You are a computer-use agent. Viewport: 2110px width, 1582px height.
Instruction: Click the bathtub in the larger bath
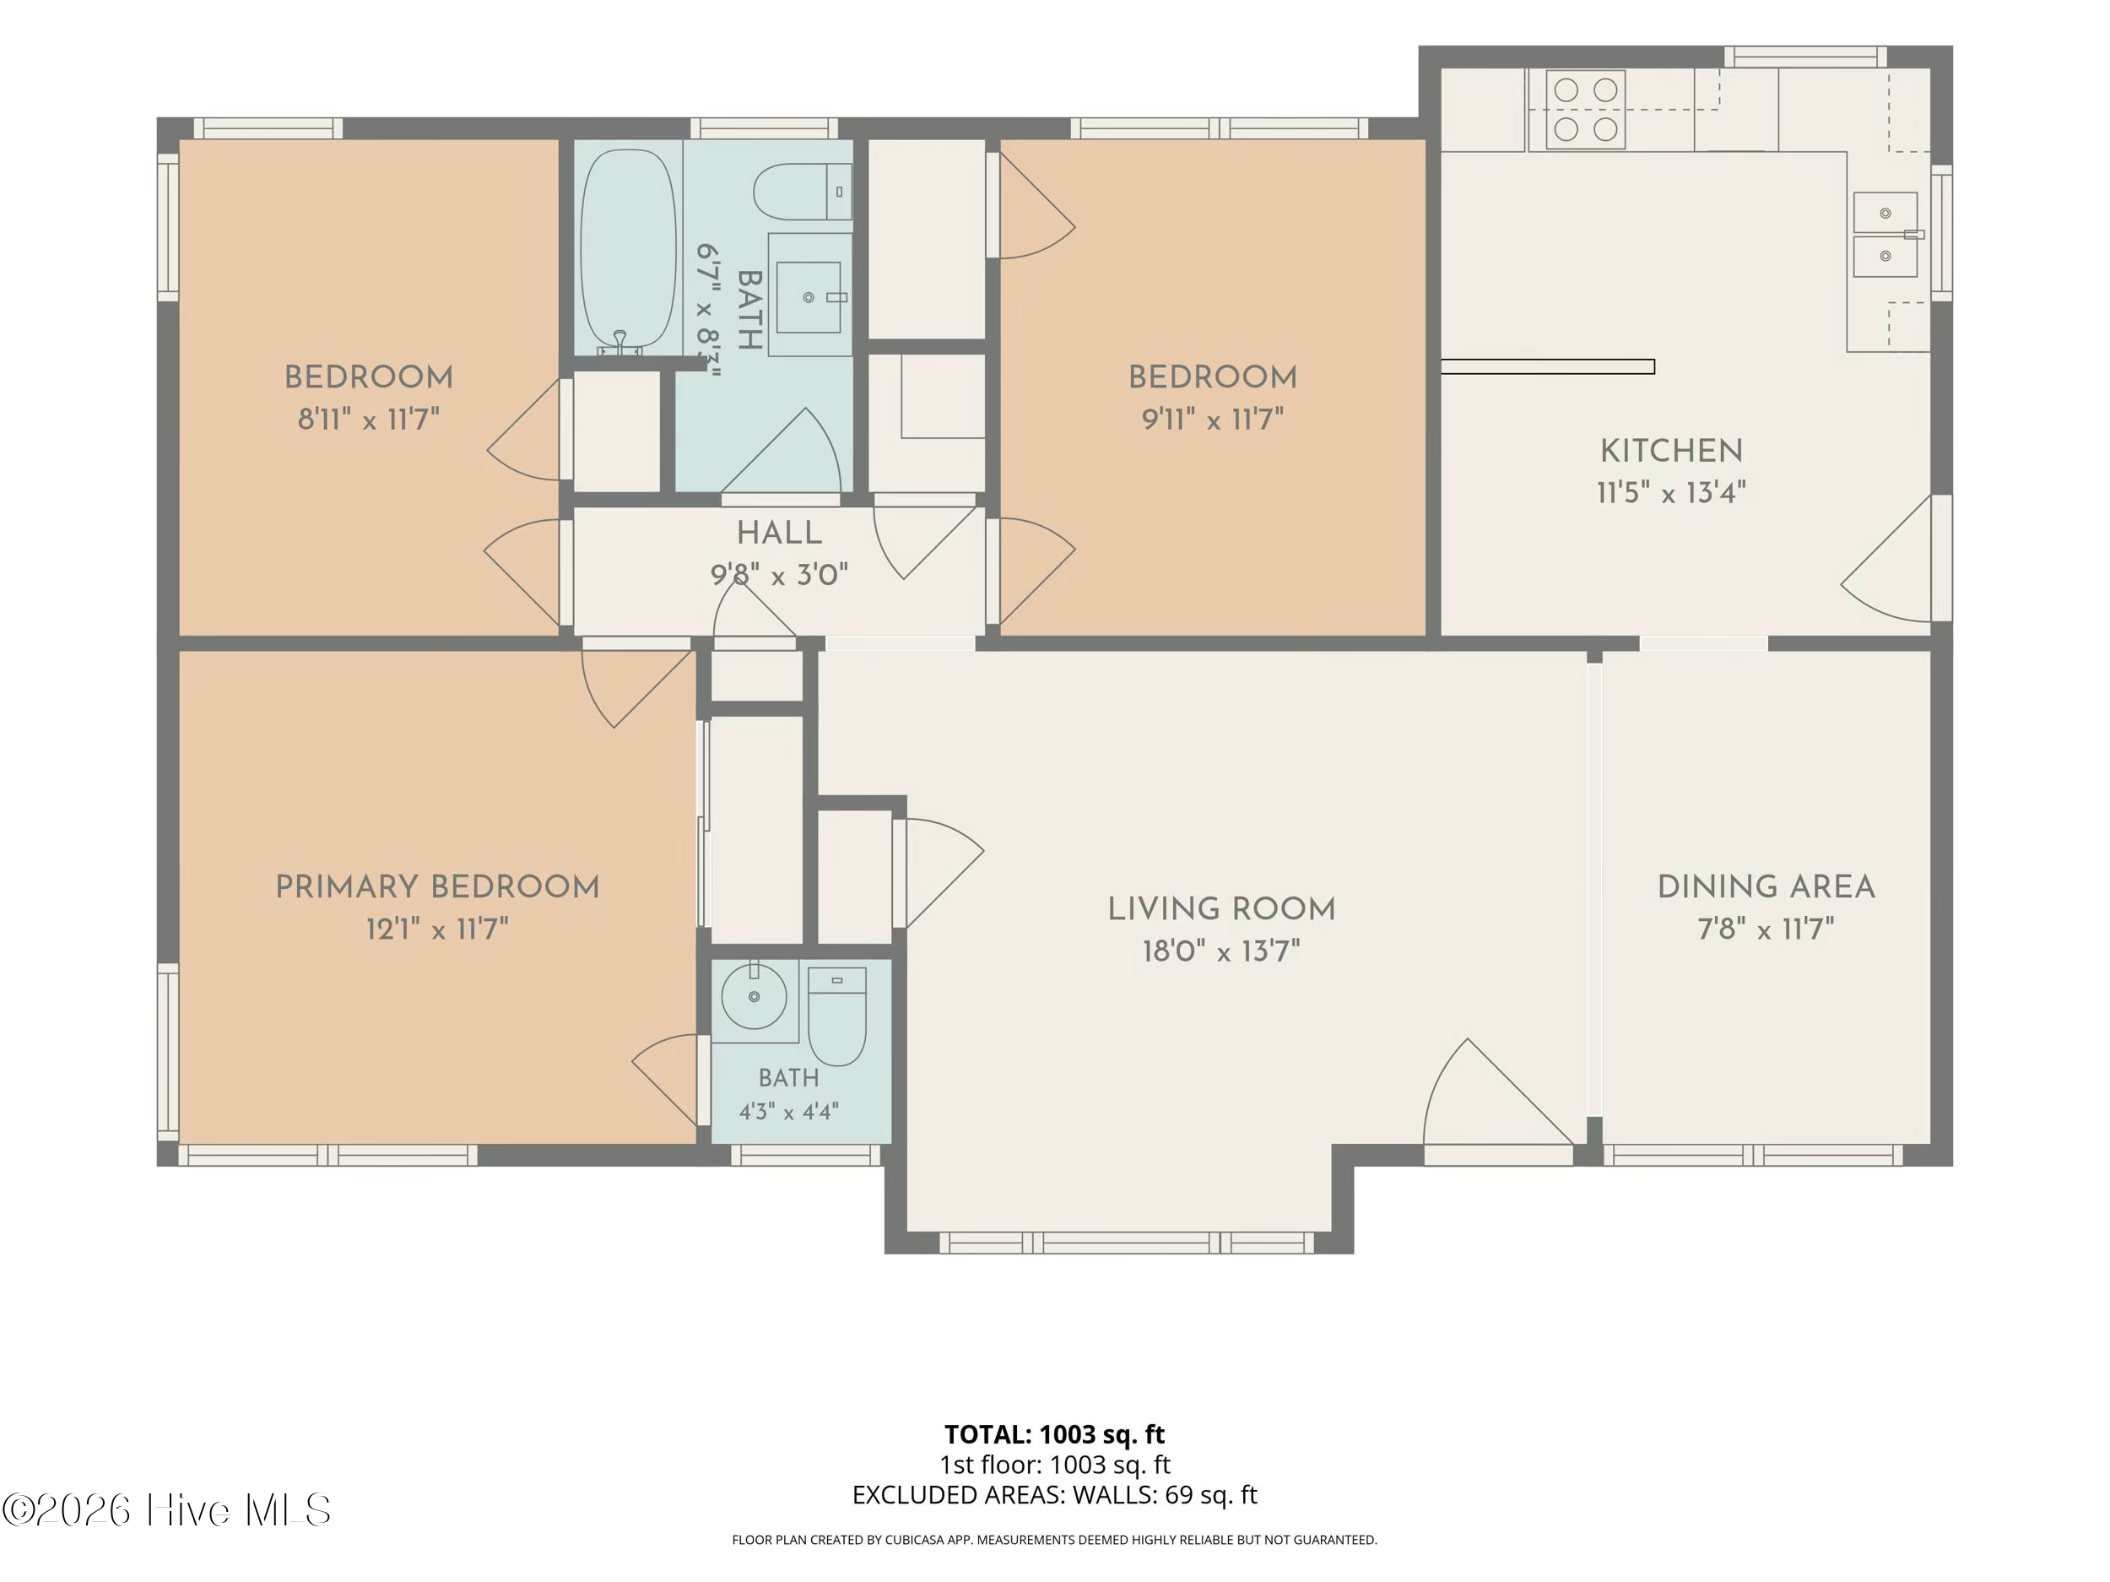tap(628, 250)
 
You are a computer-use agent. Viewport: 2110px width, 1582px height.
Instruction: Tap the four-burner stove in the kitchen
tap(1583, 110)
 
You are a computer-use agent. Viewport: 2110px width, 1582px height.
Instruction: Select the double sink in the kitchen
tap(1885, 235)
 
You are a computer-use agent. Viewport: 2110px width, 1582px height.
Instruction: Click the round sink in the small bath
tap(754, 996)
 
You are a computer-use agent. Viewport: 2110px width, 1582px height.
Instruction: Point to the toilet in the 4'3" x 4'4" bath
tap(836, 1016)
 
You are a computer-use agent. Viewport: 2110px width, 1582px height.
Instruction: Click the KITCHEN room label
tap(1671, 450)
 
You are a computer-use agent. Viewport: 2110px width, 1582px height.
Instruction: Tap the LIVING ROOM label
tap(1221, 908)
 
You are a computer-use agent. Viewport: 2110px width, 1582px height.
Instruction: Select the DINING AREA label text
tap(1766, 886)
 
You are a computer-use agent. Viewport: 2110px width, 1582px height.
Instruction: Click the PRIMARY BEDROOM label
tap(438, 886)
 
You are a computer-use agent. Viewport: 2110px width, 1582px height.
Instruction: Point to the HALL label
tap(779, 533)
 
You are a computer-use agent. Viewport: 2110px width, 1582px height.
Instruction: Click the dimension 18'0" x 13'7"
tap(1221, 951)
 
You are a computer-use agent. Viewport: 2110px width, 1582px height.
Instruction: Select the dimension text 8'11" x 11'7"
tap(368, 419)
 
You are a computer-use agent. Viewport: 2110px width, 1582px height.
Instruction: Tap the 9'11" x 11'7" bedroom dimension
tap(1212, 419)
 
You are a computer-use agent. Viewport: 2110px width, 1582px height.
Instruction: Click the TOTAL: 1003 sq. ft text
tap(1054, 1434)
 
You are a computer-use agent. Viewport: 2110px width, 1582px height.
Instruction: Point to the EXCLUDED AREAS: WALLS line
tap(1054, 1495)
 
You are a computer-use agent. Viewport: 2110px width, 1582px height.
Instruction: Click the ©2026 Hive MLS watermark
tap(167, 1510)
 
